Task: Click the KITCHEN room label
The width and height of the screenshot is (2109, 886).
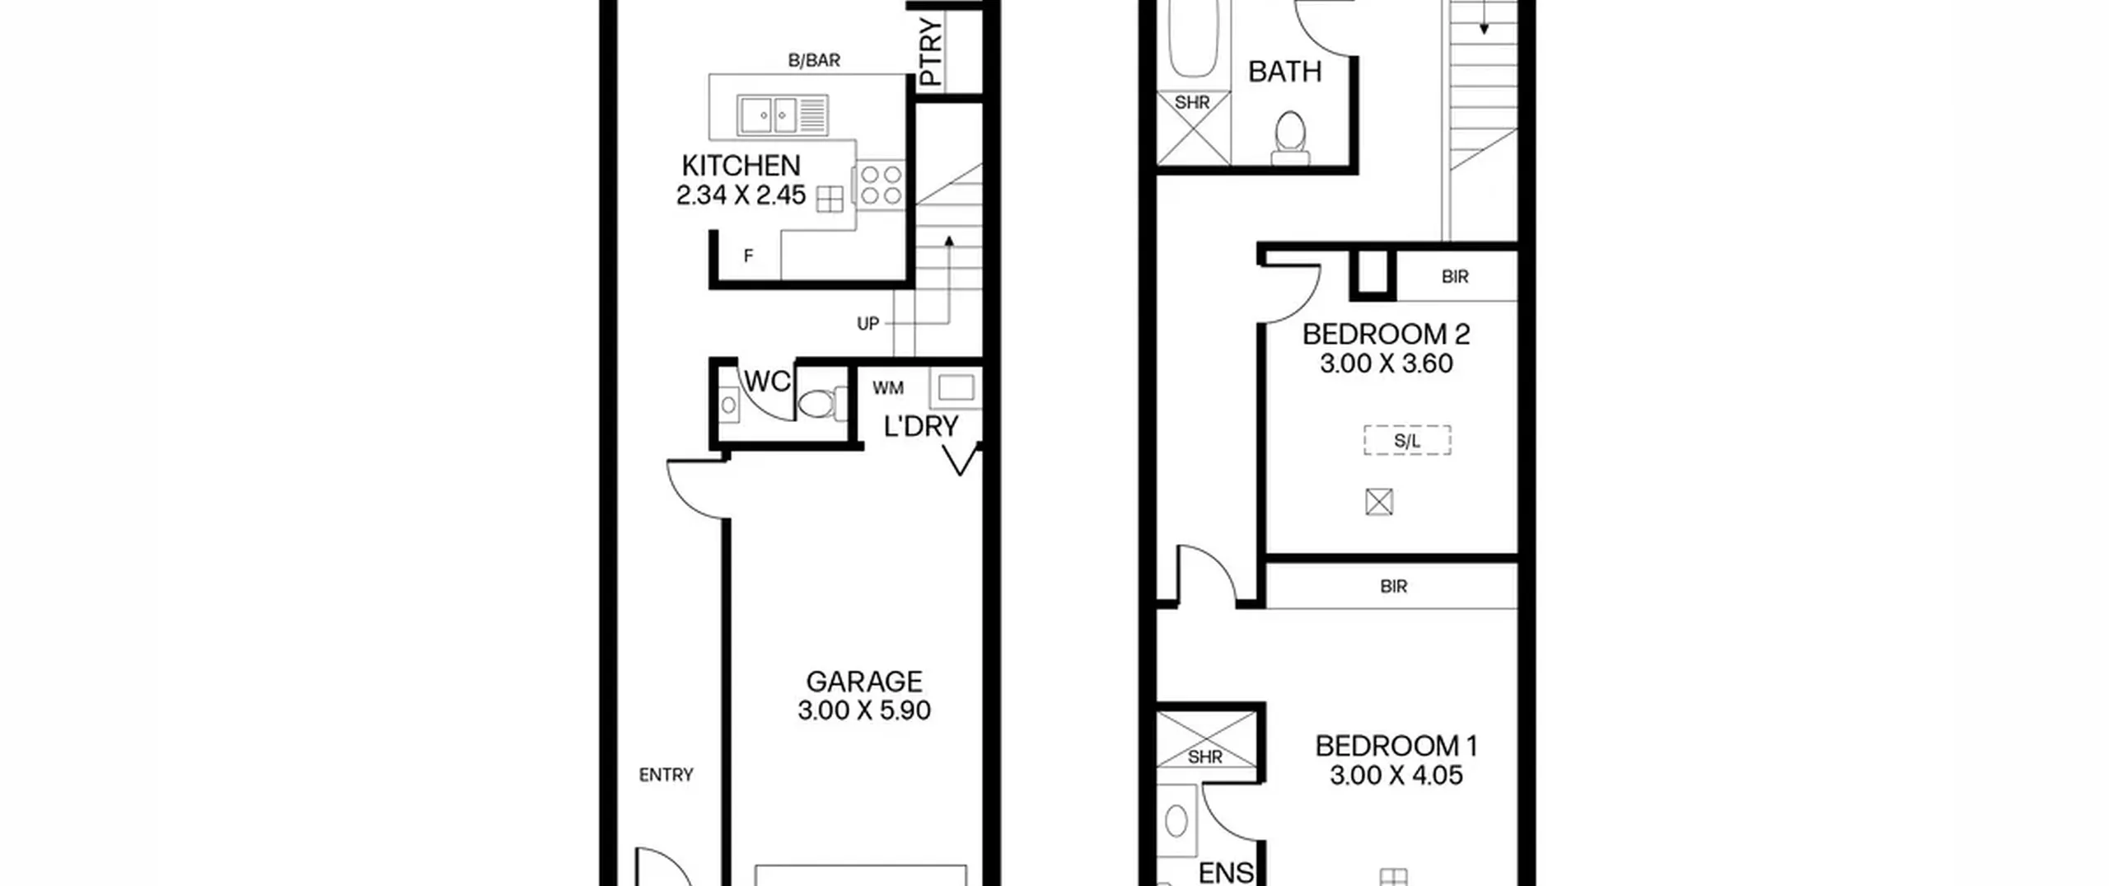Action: (x=741, y=166)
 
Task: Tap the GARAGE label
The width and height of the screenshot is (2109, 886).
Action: (x=863, y=682)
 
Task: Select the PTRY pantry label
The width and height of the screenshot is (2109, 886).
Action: (x=930, y=53)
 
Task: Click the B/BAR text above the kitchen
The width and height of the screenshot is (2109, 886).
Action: (x=814, y=60)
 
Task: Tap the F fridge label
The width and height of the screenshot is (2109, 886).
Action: (x=748, y=256)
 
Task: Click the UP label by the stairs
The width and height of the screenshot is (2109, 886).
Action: (x=867, y=324)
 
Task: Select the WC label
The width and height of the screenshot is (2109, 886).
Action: (x=767, y=382)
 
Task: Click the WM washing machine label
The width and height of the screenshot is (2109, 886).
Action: (x=887, y=387)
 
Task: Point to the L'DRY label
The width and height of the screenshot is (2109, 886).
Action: (x=920, y=426)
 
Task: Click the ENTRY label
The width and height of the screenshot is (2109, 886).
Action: (x=666, y=775)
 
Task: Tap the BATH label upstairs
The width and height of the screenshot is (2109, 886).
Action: (x=1284, y=72)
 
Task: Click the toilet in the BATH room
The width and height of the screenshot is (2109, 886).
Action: (x=1290, y=138)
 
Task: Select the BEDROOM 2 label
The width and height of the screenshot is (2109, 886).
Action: (x=1386, y=335)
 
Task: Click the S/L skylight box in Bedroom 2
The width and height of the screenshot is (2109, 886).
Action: (x=1407, y=441)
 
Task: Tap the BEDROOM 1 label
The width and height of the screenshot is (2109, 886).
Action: (x=1396, y=747)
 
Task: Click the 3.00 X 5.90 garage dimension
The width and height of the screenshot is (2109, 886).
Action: (x=863, y=710)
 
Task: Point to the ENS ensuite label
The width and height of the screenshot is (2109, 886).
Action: (x=1226, y=872)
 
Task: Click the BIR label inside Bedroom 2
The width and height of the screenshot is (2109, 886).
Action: (x=1455, y=277)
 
